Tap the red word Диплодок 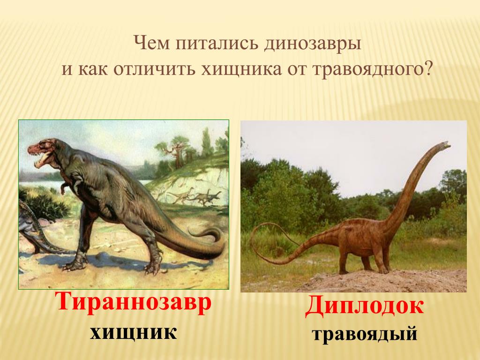364,305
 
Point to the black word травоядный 365,334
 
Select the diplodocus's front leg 381,260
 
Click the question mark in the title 427,68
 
